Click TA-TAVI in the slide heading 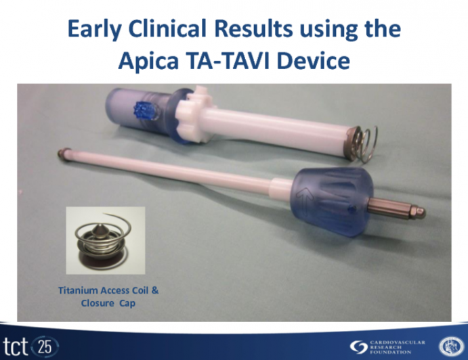(x=232, y=62)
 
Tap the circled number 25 (x=45, y=345)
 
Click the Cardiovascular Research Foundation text (x=398, y=345)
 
